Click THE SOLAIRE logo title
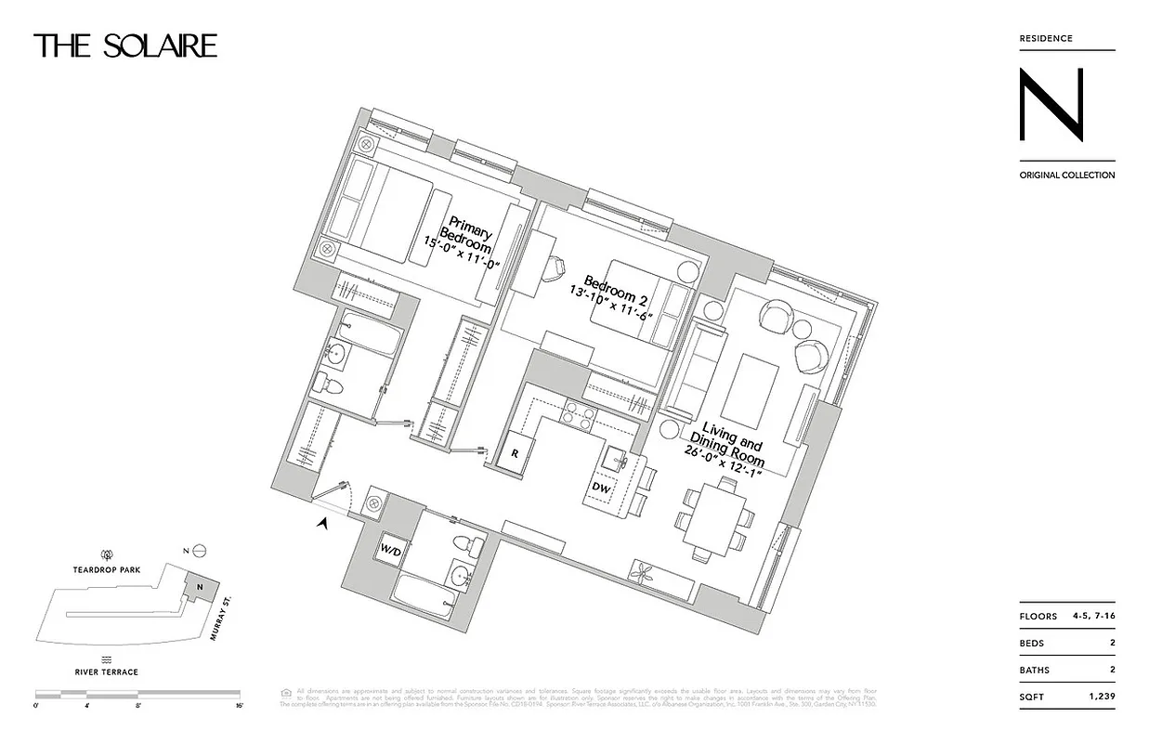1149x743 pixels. [125, 46]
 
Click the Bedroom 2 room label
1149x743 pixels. [612, 293]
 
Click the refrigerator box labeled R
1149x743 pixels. [515, 454]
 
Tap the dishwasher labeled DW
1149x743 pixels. [601, 487]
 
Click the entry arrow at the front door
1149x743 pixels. [323, 524]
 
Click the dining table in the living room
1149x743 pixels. [713, 520]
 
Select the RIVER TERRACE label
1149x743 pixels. [108, 671]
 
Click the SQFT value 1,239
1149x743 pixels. [1100, 696]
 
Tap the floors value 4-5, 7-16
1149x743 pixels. [1092, 617]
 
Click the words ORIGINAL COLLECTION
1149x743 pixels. [1066, 175]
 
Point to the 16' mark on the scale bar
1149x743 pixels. [239, 706]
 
